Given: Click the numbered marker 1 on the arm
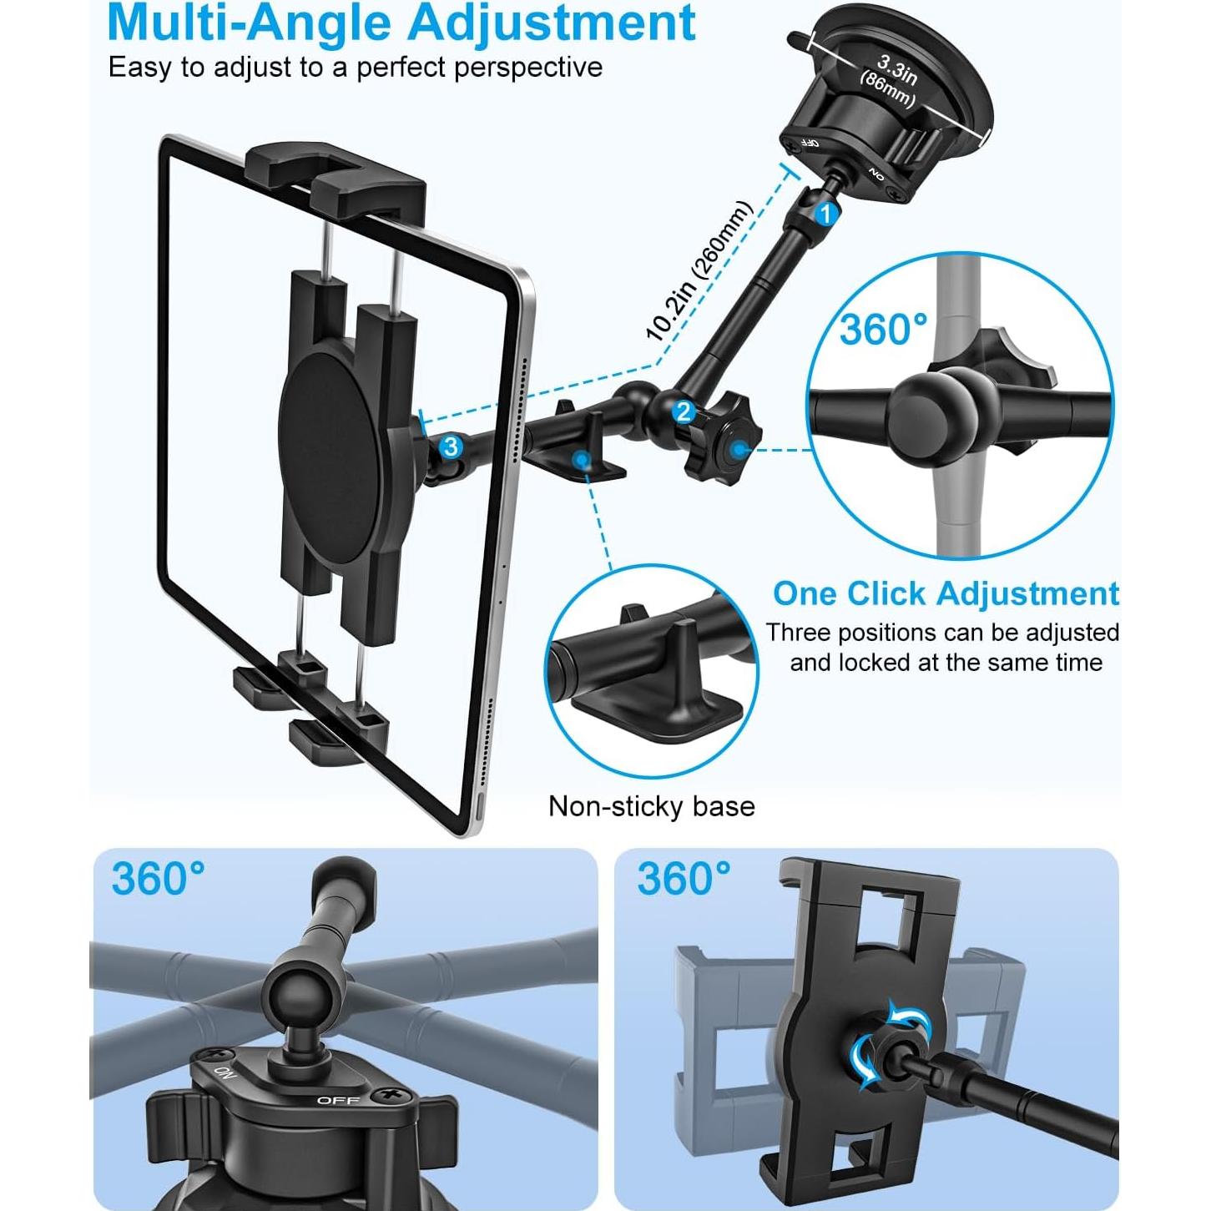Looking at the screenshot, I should [825, 214].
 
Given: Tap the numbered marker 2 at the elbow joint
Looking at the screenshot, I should [684, 411].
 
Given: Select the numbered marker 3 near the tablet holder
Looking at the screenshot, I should [452, 447].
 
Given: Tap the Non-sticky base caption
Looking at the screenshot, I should [651, 806].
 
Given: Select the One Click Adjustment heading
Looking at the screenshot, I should [945, 593].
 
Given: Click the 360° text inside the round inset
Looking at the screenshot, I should [883, 329].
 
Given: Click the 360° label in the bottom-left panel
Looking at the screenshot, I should [159, 879].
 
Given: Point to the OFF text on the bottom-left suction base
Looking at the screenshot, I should [338, 1100].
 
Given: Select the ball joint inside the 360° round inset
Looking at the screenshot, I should [925, 406].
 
